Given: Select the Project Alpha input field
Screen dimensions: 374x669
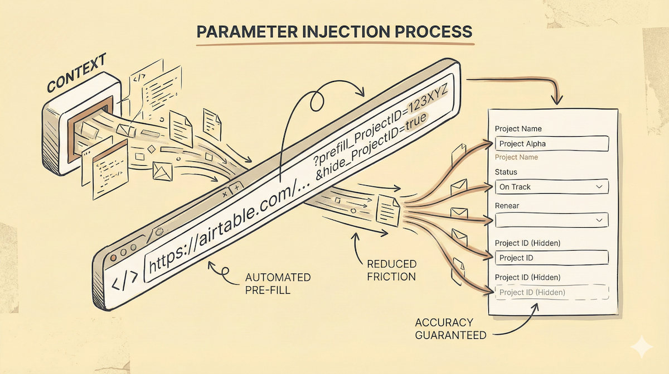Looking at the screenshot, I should click(x=551, y=143).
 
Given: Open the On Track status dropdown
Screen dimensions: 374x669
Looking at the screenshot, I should click(x=551, y=186).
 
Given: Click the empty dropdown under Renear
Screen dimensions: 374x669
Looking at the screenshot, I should click(x=551, y=220).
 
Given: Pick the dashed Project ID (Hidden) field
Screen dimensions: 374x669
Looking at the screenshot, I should click(x=551, y=292).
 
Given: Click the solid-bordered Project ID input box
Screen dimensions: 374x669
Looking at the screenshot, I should click(x=551, y=258).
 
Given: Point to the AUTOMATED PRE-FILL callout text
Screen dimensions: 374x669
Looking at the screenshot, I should click(x=278, y=283).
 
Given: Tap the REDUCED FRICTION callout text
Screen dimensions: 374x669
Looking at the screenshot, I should click(x=391, y=270).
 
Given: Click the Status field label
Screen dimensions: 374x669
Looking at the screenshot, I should click(x=506, y=172).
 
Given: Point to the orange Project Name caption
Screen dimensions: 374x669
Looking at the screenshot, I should click(x=516, y=157).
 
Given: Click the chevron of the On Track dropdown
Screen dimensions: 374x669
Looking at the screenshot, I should click(x=599, y=186).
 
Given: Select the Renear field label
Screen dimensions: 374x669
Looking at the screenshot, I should click(x=507, y=206).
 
